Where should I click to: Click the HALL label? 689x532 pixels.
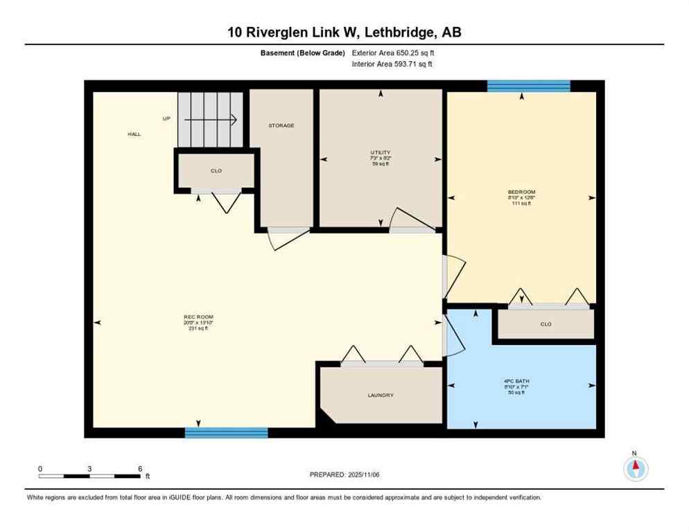[x=134, y=134]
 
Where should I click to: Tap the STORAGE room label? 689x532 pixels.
[x=281, y=125]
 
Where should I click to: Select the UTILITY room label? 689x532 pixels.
[x=380, y=152]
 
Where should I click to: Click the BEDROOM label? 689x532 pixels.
[x=521, y=192]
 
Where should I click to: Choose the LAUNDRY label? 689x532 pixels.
[x=381, y=395]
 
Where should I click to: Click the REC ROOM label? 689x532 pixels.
[x=198, y=317]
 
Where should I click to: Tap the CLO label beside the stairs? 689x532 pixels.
[x=216, y=170]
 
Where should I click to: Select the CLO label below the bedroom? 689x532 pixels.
[x=546, y=323]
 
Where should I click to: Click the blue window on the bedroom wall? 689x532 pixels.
[x=528, y=86]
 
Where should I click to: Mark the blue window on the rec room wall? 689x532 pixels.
[x=226, y=433]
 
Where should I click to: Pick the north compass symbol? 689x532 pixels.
[x=635, y=468]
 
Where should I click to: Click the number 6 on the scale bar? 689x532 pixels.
[x=140, y=469]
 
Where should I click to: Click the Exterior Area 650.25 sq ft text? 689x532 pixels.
[x=394, y=53]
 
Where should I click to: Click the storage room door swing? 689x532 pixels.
[x=287, y=238]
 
